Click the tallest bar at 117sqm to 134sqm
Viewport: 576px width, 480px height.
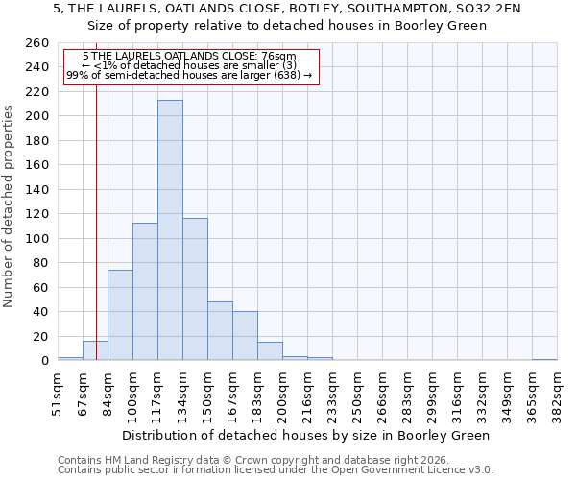click(x=170, y=230)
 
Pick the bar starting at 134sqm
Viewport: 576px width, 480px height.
click(x=195, y=289)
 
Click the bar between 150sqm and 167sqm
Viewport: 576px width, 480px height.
click(x=220, y=331)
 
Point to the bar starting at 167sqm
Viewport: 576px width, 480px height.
click(x=245, y=336)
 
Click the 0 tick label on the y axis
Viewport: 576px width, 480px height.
click(x=44, y=361)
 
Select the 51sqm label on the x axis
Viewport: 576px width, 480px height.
click(x=58, y=395)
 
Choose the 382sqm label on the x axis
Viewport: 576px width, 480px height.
click(x=557, y=395)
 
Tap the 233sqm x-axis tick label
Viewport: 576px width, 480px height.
click(x=332, y=395)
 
